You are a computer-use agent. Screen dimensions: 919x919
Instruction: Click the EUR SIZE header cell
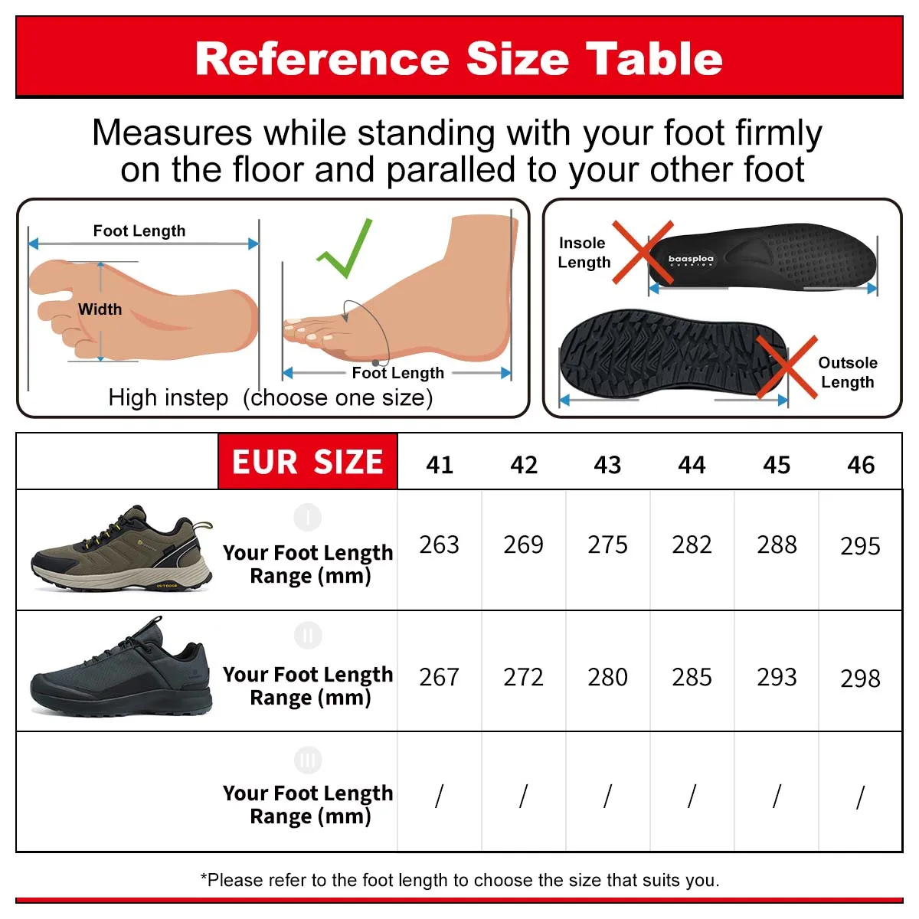308,462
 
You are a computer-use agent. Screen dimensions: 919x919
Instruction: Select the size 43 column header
607,465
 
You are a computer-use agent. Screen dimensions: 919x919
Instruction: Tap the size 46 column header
861,465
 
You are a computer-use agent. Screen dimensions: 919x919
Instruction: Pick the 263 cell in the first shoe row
439,545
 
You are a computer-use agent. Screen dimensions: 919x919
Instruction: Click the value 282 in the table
692,545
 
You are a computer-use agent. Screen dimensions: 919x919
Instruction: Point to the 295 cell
860,547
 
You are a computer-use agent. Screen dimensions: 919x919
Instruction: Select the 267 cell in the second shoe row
439,678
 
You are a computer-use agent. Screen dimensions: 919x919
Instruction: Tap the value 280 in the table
607,678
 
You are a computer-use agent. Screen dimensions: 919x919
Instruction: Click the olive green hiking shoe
123,548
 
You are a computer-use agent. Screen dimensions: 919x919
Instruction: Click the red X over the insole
642,253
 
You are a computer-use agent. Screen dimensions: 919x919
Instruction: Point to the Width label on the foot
100,309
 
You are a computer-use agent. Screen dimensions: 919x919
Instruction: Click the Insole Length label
584,253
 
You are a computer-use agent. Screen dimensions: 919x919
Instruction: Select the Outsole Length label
847,372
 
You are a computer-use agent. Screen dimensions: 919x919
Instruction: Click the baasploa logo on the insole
691,260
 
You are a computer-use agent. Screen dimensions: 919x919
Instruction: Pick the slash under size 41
439,796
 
